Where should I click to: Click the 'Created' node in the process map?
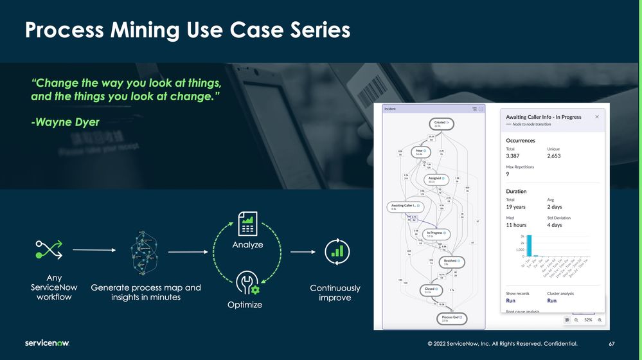[441, 123]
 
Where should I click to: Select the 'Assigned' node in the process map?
[436, 180]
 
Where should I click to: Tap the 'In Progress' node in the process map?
[437, 234]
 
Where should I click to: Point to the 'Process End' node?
[450, 318]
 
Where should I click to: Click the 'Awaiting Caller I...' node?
[406, 207]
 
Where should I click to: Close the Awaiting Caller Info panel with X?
[596, 117]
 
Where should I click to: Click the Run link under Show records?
[511, 300]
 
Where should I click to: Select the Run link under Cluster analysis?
[551, 300]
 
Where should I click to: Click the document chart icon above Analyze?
[247, 226]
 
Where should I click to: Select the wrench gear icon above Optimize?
[246, 283]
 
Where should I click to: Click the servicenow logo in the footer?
[47, 343]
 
